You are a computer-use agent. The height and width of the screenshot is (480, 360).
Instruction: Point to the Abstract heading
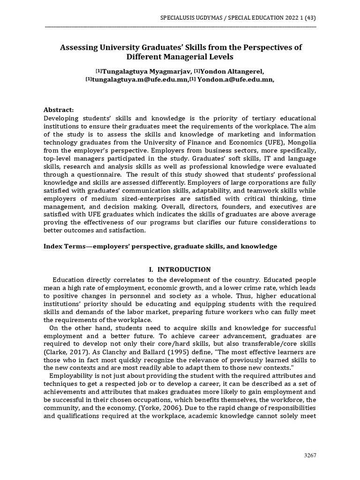point(59,109)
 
